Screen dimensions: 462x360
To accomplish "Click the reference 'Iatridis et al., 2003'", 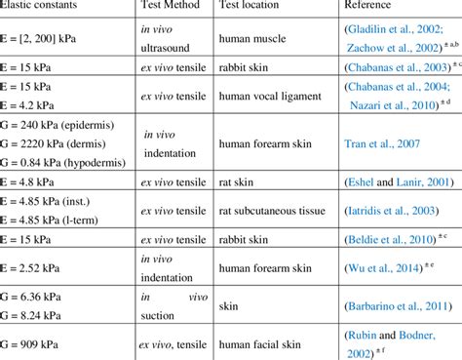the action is [x=386, y=215].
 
